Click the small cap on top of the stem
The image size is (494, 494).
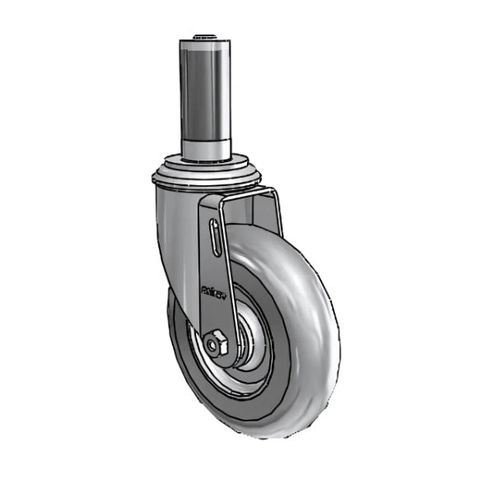pyautogui.click(x=202, y=36)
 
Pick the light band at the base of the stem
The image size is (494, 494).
pyautogui.click(x=202, y=148)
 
